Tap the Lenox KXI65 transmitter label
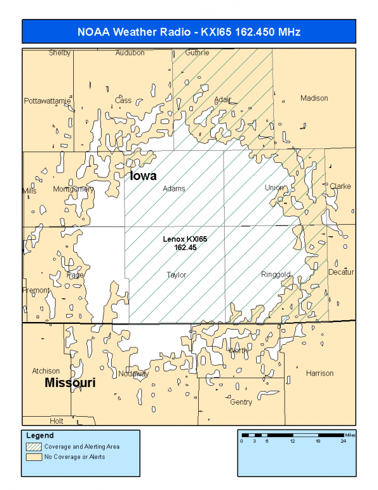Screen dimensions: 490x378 (x=185, y=243)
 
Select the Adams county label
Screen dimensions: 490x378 (x=174, y=188)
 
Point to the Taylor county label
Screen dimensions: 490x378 (x=177, y=275)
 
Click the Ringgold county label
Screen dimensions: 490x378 (x=276, y=275)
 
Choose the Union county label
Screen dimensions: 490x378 (x=274, y=188)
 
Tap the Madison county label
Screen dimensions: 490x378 (x=314, y=98)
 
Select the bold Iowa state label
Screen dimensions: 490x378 (x=143, y=176)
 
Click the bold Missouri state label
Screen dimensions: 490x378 (x=70, y=383)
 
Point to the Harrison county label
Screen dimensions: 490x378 (x=319, y=373)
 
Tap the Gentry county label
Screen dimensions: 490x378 (x=241, y=402)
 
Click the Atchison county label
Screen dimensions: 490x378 (x=46, y=371)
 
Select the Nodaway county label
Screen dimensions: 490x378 (x=133, y=373)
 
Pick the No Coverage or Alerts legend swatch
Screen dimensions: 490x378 (x=32, y=457)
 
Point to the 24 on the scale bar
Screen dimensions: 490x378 (x=343, y=441)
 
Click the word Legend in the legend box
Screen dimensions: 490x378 (x=40, y=436)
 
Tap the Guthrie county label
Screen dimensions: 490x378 (x=197, y=53)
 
